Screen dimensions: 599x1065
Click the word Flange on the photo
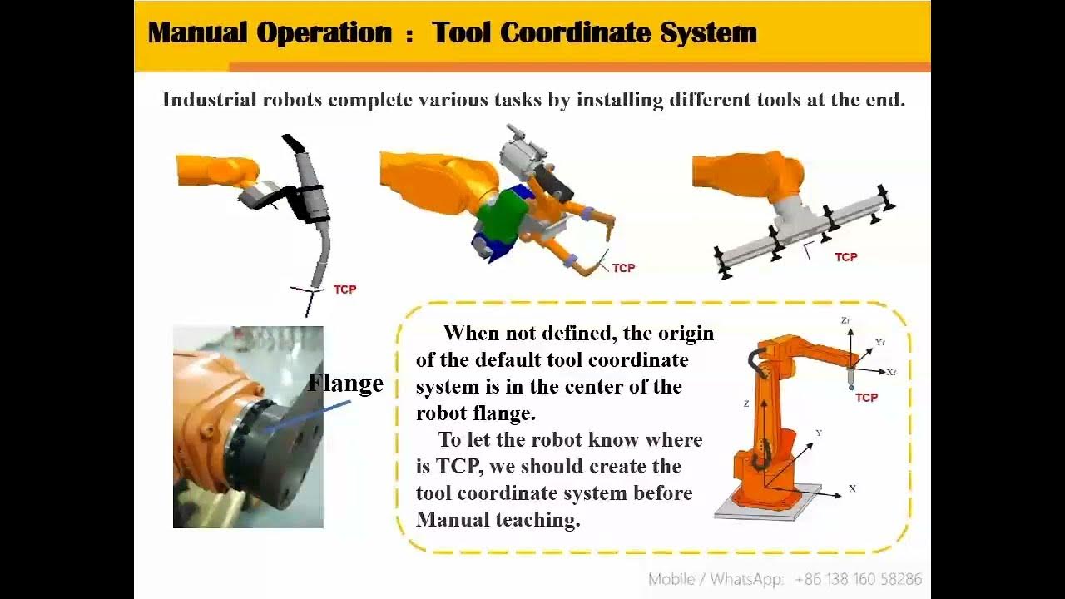(x=345, y=383)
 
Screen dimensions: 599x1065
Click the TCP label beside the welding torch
(x=344, y=290)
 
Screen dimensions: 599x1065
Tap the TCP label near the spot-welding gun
(x=623, y=268)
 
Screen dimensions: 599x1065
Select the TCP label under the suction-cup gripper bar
(x=845, y=257)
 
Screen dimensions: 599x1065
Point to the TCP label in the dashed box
(x=866, y=398)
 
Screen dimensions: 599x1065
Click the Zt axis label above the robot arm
(x=845, y=320)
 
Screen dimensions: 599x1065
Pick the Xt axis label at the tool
(x=891, y=372)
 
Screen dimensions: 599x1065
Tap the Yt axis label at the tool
(x=880, y=342)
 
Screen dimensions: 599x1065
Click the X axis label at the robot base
(x=852, y=488)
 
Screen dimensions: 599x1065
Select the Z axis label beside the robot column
(x=746, y=403)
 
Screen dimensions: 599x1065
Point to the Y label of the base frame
(x=819, y=433)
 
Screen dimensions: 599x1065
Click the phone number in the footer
(x=858, y=579)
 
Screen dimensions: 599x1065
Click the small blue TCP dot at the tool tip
(x=850, y=388)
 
